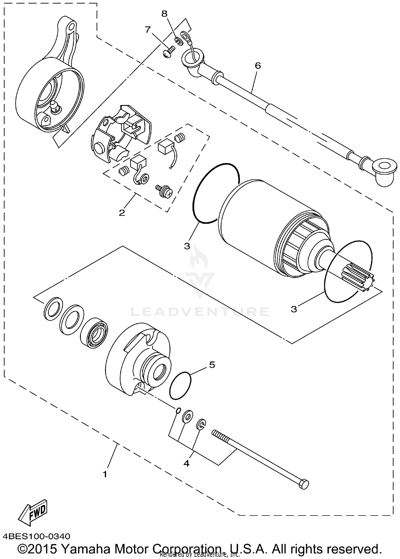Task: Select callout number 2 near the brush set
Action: tap(122, 213)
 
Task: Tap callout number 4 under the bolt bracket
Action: tap(186, 464)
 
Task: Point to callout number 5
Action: tap(212, 365)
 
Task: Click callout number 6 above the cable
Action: tap(258, 65)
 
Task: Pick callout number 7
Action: tap(148, 30)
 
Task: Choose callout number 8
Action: tap(164, 14)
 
